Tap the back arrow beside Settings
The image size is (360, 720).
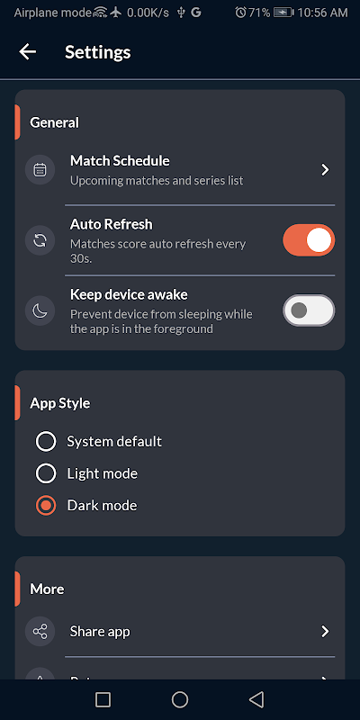[28, 52]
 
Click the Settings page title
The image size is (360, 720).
[98, 52]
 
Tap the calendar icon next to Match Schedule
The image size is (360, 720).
[40, 170]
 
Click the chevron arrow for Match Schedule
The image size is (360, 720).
[325, 170]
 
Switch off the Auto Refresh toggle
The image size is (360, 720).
[309, 240]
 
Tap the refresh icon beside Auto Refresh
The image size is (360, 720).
[40, 240]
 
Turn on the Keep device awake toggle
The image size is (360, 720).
[309, 310]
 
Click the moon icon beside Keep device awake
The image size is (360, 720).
[40, 310]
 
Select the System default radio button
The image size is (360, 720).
[46, 442]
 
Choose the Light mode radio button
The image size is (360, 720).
[46, 473]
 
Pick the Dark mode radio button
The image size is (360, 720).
[46, 506]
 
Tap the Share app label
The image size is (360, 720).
[100, 632]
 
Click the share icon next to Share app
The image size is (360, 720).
[40, 632]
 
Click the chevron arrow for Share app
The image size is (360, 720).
[325, 632]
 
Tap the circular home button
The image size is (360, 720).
[180, 699]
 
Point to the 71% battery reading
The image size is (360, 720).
[259, 13]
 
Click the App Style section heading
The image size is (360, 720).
[59, 403]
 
